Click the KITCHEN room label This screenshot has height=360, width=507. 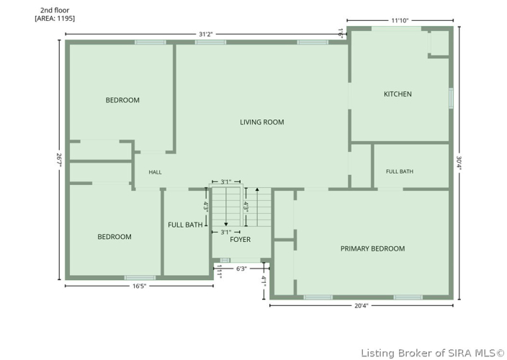tap(398, 94)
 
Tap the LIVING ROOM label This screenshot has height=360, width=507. tap(262, 122)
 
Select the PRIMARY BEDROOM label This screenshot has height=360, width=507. tap(372, 248)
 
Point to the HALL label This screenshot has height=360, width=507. tap(156, 172)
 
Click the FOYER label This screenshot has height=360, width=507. tap(241, 240)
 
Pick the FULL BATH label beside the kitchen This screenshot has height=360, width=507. tap(400, 171)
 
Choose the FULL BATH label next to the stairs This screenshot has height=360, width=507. tap(185, 225)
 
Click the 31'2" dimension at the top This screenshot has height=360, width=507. tap(206, 35)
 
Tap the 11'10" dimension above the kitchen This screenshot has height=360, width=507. tap(400, 21)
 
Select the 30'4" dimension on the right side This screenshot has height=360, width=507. tap(459, 164)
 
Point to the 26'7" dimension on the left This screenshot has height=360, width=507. tap(59, 160)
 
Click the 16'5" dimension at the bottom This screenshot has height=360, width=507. tap(140, 286)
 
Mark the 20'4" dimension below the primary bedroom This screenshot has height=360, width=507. tap(362, 306)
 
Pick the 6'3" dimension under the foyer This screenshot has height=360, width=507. tap(241, 269)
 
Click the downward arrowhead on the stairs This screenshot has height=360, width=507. tap(226, 224)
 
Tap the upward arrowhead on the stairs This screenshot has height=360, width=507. tap(257, 189)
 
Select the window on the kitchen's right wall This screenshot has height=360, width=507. tap(451, 98)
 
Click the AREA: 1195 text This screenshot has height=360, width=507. tap(55, 19)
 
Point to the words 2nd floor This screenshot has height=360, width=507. tap(55, 10)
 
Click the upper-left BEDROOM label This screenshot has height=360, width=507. tap(122, 100)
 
